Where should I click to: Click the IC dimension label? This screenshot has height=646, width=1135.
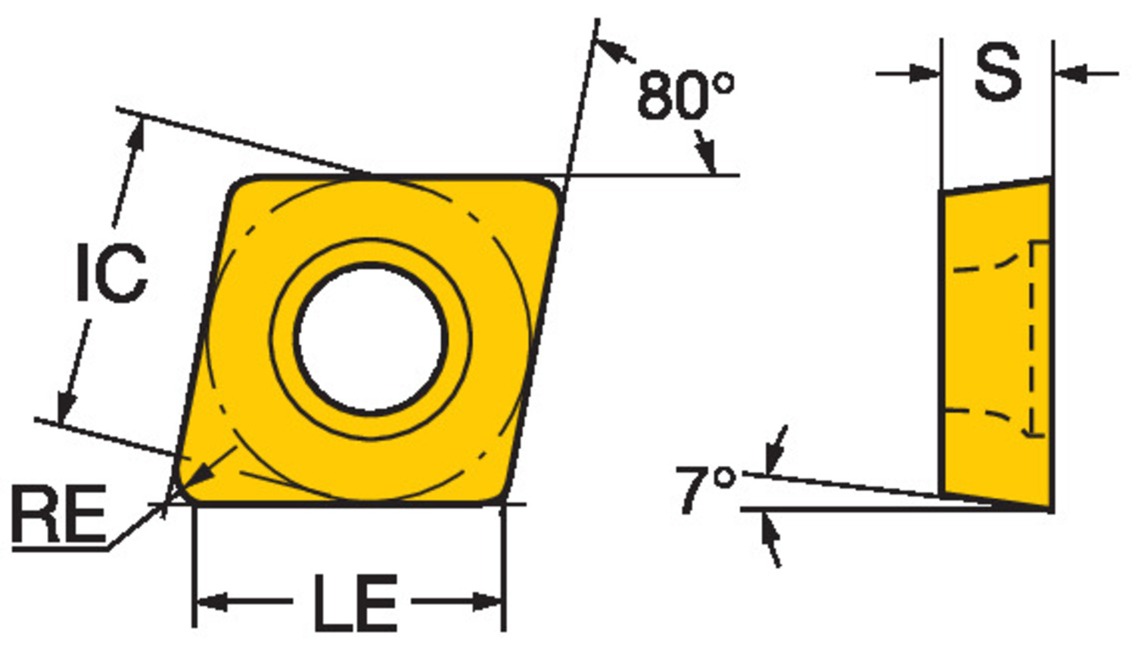111,273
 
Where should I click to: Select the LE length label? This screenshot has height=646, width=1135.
355,603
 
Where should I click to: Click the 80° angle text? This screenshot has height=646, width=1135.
685,96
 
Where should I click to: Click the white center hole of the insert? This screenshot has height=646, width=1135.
371,337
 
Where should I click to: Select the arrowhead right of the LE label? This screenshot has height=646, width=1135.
488,603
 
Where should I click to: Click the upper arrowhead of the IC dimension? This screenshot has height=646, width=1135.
136,133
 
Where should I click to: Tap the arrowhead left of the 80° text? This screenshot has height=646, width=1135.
611,49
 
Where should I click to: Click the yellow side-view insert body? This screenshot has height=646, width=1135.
995,340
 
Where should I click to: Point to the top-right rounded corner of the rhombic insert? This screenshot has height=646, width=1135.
549,189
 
